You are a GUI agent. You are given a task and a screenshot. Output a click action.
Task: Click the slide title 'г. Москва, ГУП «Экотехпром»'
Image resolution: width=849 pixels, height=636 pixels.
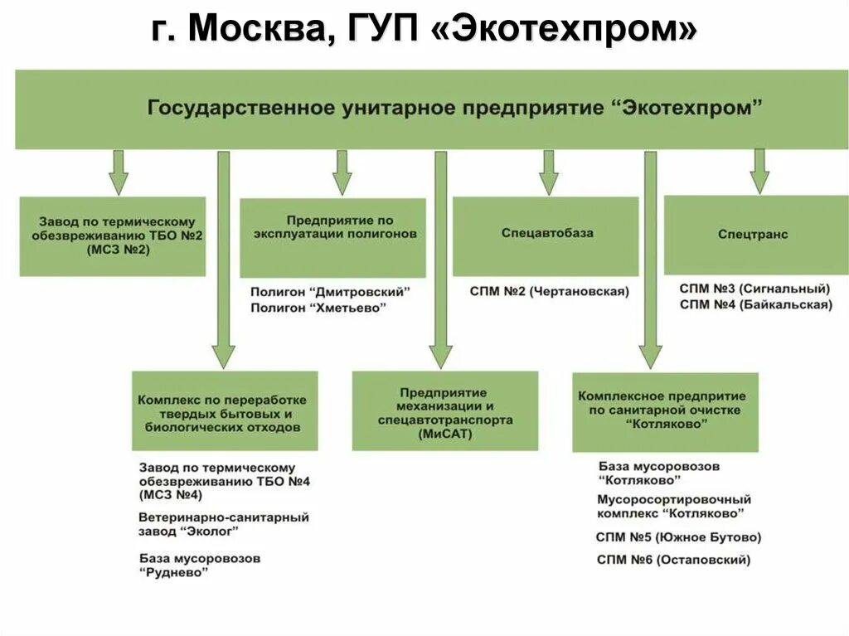pos(424,31)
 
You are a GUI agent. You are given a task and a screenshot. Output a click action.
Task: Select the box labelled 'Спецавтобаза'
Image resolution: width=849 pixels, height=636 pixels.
pos(546,235)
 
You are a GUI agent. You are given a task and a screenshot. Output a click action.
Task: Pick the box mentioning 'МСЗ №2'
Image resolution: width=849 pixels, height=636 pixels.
pos(113,235)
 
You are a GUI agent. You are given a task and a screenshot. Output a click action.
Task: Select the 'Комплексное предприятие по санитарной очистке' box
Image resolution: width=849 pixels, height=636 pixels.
pos(665,410)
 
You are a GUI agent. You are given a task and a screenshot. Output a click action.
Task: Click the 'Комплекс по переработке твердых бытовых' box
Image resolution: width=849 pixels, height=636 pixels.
pos(225,411)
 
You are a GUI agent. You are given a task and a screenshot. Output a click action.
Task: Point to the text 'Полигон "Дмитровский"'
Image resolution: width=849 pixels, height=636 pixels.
pos(330,292)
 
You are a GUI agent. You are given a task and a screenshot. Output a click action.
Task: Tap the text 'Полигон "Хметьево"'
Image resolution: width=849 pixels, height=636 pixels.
pos(318,308)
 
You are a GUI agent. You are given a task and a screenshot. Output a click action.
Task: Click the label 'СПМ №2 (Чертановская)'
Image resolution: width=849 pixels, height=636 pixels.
pos(549,292)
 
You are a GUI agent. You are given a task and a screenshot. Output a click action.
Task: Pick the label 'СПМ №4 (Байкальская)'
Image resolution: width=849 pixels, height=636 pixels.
pos(754,304)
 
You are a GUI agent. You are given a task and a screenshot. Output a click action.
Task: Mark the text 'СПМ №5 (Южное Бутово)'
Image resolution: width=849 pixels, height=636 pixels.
pos(678,537)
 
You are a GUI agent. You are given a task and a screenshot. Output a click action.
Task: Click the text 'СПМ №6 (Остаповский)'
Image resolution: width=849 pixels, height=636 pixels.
pos(673,560)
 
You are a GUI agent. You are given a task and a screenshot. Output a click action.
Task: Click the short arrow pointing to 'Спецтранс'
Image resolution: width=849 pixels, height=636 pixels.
pos(759,171)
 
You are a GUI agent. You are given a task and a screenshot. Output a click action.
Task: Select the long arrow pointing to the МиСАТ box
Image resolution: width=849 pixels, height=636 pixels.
pos(441,257)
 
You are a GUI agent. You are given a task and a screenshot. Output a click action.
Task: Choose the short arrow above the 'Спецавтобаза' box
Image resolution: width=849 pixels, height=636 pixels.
pos(548,171)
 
